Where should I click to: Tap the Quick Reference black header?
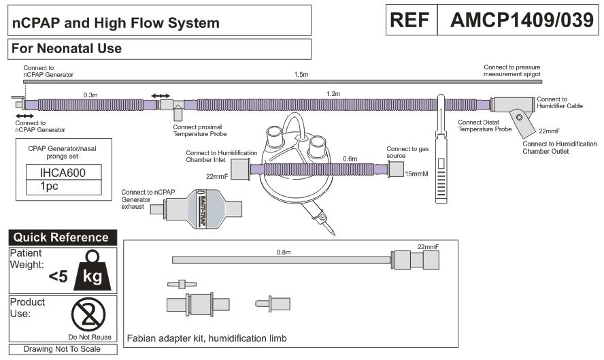click(x=61, y=238)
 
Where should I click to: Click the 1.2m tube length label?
click(x=333, y=93)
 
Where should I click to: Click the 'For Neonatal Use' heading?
click(x=67, y=49)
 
